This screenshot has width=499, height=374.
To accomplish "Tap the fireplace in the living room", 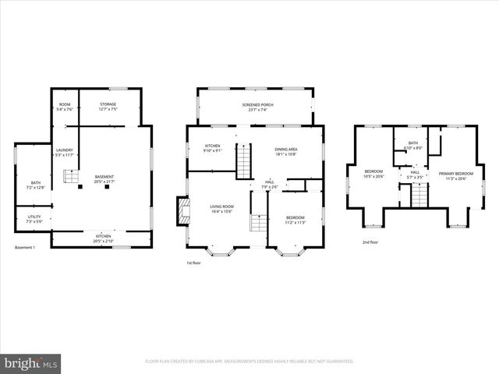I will click(x=183, y=210).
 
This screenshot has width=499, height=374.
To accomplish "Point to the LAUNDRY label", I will click(x=64, y=152).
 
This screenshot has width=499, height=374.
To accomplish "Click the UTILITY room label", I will click(x=34, y=218).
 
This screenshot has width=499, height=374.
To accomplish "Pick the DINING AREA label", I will click(x=285, y=151).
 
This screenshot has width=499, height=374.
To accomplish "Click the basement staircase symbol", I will click(x=73, y=179).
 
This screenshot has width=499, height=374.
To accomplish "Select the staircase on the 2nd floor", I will click(x=419, y=197).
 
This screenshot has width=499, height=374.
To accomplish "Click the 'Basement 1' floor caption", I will click(x=27, y=248).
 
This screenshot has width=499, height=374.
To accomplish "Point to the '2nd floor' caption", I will click(x=371, y=242).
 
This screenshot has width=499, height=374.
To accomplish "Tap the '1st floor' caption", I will click(x=195, y=263).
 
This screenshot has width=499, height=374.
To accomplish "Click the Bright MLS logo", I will click(x=31, y=363).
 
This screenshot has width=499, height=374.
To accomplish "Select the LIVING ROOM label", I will click(x=222, y=209).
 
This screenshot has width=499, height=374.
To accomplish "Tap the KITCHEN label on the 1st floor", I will click(x=213, y=148).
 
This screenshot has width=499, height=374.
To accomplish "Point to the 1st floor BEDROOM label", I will click(x=295, y=219).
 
